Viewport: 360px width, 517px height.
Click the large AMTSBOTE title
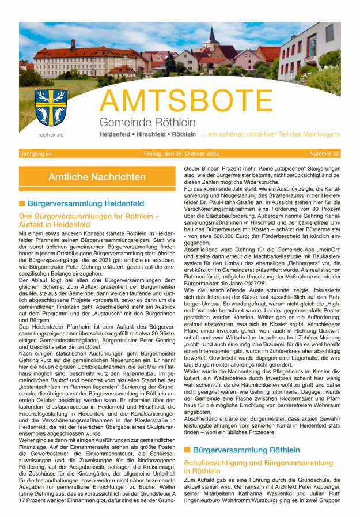(186, 102)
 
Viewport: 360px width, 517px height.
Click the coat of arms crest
(51, 108)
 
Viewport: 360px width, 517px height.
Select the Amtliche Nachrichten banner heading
(97, 177)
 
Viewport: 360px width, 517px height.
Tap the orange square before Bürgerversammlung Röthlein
(187, 450)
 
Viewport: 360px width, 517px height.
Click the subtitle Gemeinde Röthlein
(147, 122)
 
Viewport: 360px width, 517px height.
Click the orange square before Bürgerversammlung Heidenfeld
(22, 203)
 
